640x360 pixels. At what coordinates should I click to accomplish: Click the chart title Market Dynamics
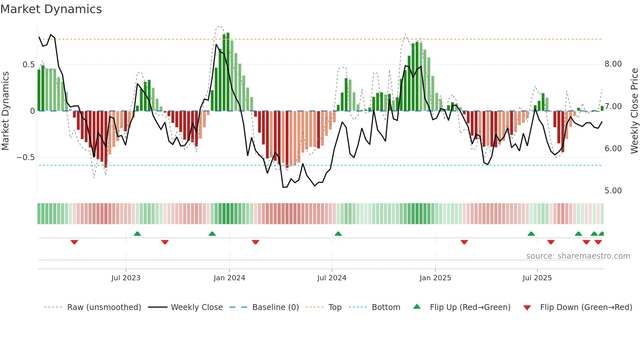[51, 9]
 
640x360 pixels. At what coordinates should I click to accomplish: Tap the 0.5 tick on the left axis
[28, 65]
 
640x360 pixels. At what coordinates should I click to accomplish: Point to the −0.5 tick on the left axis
[26, 157]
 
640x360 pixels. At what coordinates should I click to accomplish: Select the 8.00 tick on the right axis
[613, 64]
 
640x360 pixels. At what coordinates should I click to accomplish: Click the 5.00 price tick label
[613, 191]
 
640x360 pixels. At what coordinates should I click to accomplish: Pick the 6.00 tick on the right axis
[613, 149]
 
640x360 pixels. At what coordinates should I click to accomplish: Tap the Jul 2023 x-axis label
[126, 278]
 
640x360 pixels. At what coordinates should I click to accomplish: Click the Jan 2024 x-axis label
[229, 278]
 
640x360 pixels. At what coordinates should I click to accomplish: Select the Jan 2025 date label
[435, 278]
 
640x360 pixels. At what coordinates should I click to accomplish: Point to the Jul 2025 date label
[537, 278]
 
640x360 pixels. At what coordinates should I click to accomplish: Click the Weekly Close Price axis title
[634, 111]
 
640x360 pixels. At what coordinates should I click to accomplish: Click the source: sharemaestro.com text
[578, 256]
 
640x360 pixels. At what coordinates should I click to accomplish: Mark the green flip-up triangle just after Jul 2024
[338, 234]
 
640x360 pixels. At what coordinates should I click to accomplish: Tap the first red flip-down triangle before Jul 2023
[74, 242]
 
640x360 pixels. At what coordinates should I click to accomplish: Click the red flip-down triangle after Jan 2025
[464, 242]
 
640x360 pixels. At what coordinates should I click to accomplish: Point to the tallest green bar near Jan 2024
[228, 72]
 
